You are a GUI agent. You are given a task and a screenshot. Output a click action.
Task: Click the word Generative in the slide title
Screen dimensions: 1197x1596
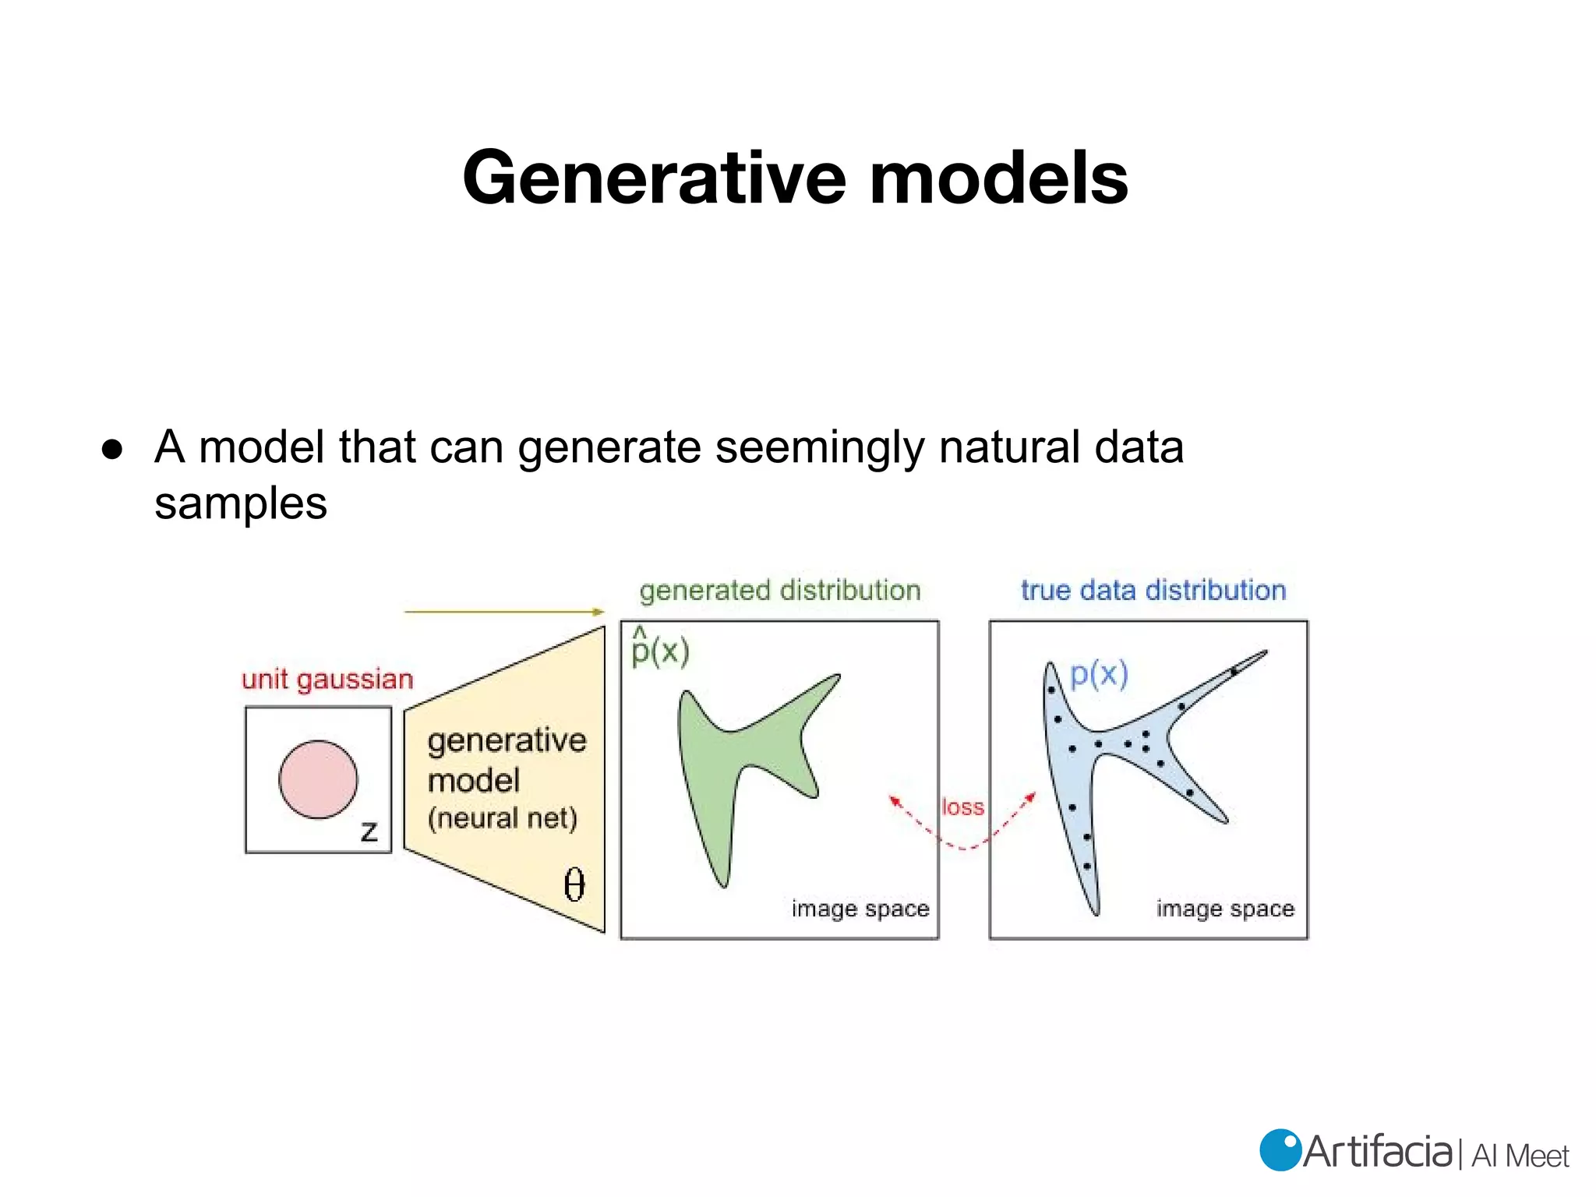(654, 179)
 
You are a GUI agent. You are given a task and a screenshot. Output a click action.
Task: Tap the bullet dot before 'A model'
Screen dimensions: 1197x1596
(112, 450)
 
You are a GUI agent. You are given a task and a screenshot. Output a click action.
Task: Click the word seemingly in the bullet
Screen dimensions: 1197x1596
(820, 448)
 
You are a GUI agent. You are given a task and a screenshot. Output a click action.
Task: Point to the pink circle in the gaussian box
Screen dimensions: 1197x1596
(318, 779)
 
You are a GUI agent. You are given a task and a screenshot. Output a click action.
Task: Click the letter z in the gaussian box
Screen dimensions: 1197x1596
(369, 831)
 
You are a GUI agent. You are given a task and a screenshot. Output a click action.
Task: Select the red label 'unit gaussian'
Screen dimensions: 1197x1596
(327, 679)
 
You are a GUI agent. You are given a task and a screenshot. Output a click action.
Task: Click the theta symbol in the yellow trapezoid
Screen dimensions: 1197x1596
(574, 885)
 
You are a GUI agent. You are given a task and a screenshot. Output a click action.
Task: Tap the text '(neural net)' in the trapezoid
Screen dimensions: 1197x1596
(503, 818)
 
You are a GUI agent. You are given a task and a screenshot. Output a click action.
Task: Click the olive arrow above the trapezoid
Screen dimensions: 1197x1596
(503, 612)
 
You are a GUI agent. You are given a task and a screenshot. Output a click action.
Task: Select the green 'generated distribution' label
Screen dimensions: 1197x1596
(779, 590)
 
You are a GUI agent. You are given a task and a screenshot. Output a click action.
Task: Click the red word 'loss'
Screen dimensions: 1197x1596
(962, 807)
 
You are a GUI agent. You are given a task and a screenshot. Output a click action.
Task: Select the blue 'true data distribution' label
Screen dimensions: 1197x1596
(1153, 590)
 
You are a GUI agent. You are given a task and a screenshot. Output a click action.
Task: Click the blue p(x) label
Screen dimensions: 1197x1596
(1099, 673)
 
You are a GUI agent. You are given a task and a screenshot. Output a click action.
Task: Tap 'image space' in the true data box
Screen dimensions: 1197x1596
(1224, 909)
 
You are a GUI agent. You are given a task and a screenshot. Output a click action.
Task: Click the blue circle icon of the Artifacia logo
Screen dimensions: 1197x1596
(1280, 1150)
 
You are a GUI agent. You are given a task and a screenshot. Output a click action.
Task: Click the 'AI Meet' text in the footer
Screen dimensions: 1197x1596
(1520, 1156)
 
